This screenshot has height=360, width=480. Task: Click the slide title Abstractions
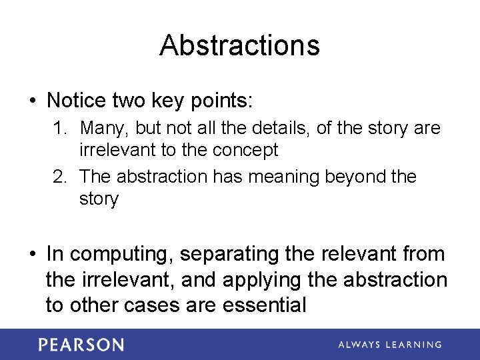point(239,45)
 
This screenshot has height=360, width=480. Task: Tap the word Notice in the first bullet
point(77,101)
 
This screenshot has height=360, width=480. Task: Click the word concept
point(245,150)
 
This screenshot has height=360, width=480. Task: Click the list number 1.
point(59,128)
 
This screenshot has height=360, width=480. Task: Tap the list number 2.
point(59,177)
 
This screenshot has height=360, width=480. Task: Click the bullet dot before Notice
point(31,101)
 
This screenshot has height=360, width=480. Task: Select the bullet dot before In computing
point(31,255)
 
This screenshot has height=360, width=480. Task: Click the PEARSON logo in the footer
point(81,345)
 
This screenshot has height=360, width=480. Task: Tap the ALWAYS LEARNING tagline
point(389,345)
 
